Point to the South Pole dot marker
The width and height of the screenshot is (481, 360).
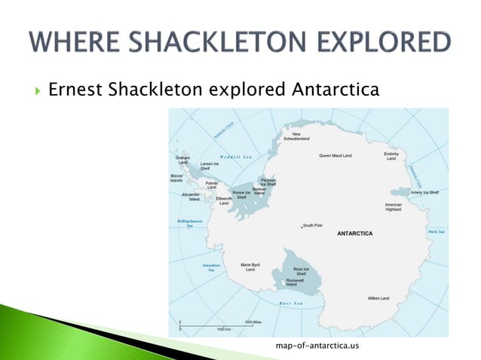click(x=302, y=226)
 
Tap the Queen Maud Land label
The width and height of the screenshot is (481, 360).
click(x=335, y=156)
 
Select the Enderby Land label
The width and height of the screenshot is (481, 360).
click(x=391, y=156)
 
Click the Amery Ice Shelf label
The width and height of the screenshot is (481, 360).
click(x=424, y=192)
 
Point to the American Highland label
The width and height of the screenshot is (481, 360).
click(x=393, y=207)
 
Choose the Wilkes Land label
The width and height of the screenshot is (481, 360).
click(x=378, y=298)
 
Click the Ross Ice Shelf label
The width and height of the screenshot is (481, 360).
click(x=300, y=271)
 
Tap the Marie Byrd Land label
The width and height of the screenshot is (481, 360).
click(x=250, y=267)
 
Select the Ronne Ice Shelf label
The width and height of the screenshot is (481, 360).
click(x=241, y=194)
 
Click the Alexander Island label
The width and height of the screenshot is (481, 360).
click(x=191, y=197)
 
